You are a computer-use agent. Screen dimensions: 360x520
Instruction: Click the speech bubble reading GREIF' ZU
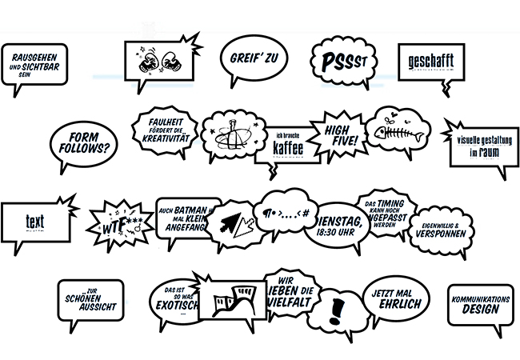(253, 58)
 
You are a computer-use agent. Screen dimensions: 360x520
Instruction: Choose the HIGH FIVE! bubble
(342, 134)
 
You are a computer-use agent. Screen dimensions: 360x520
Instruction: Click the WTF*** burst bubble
(118, 218)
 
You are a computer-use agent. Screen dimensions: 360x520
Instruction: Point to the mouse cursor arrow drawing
(234, 222)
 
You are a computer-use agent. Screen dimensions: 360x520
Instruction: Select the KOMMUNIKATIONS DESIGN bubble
(480, 304)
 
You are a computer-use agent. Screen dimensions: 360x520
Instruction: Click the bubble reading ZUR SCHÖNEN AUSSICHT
(92, 301)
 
